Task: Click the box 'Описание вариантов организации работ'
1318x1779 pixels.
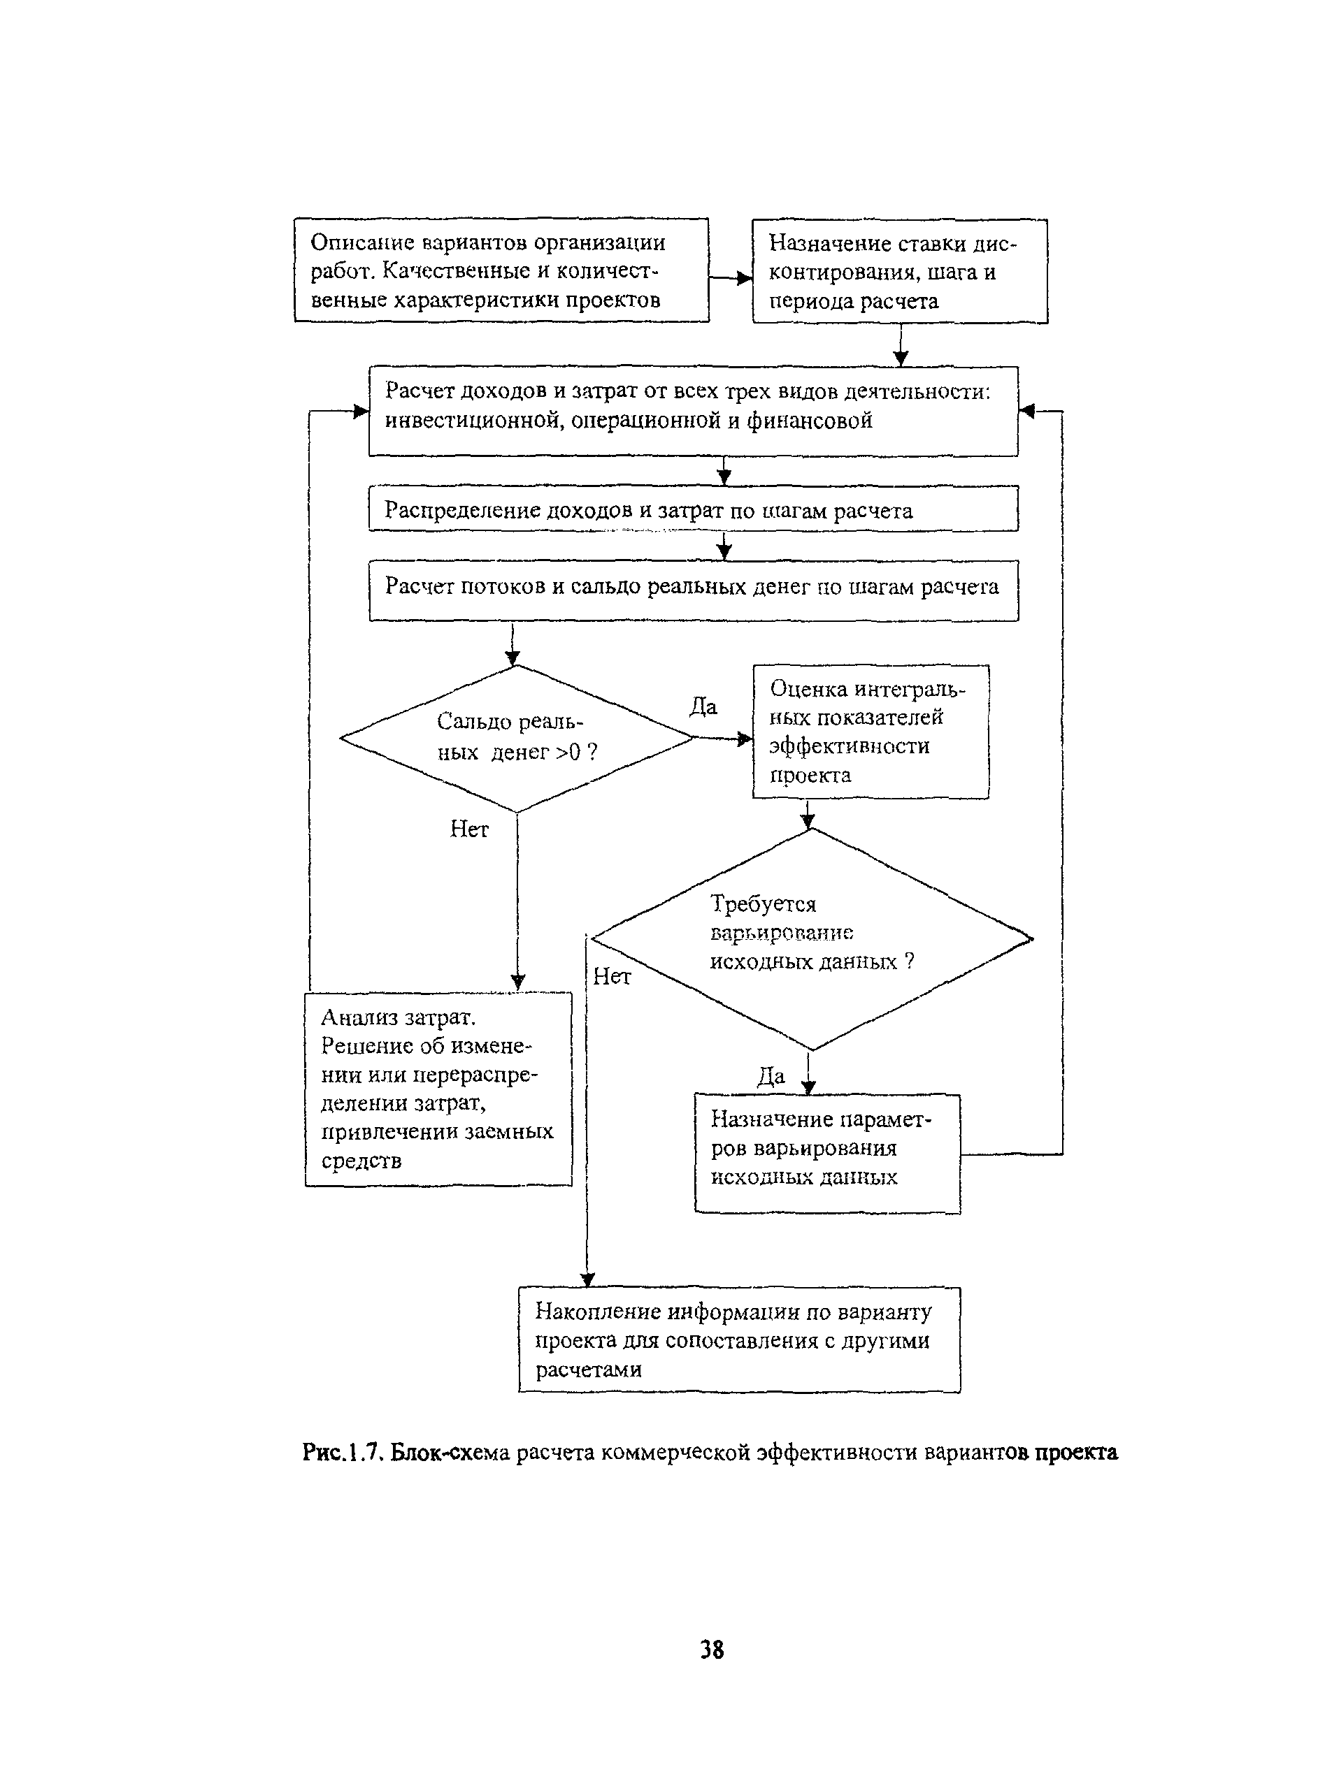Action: tap(501, 270)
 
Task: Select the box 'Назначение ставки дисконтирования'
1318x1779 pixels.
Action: tap(900, 271)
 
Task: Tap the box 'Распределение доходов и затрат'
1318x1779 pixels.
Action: tap(694, 508)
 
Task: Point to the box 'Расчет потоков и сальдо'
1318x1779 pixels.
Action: tap(694, 590)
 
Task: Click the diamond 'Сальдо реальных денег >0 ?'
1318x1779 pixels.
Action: tap(517, 739)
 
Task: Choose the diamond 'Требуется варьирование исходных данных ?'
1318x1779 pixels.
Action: tap(811, 938)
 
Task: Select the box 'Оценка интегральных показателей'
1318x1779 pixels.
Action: tap(871, 731)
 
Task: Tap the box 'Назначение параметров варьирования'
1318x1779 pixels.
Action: tap(827, 1153)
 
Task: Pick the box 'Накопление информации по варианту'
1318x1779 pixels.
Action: tap(739, 1339)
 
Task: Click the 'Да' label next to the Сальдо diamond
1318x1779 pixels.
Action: tap(703, 706)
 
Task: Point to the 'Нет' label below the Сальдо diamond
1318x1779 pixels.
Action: tap(469, 829)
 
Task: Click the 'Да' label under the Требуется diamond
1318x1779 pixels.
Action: tap(771, 1077)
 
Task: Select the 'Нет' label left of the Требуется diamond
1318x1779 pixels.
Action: tap(612, 976)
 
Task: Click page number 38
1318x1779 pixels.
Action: tap(712, 1648)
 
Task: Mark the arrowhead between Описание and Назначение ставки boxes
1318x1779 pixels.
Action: tap(745, 277)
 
